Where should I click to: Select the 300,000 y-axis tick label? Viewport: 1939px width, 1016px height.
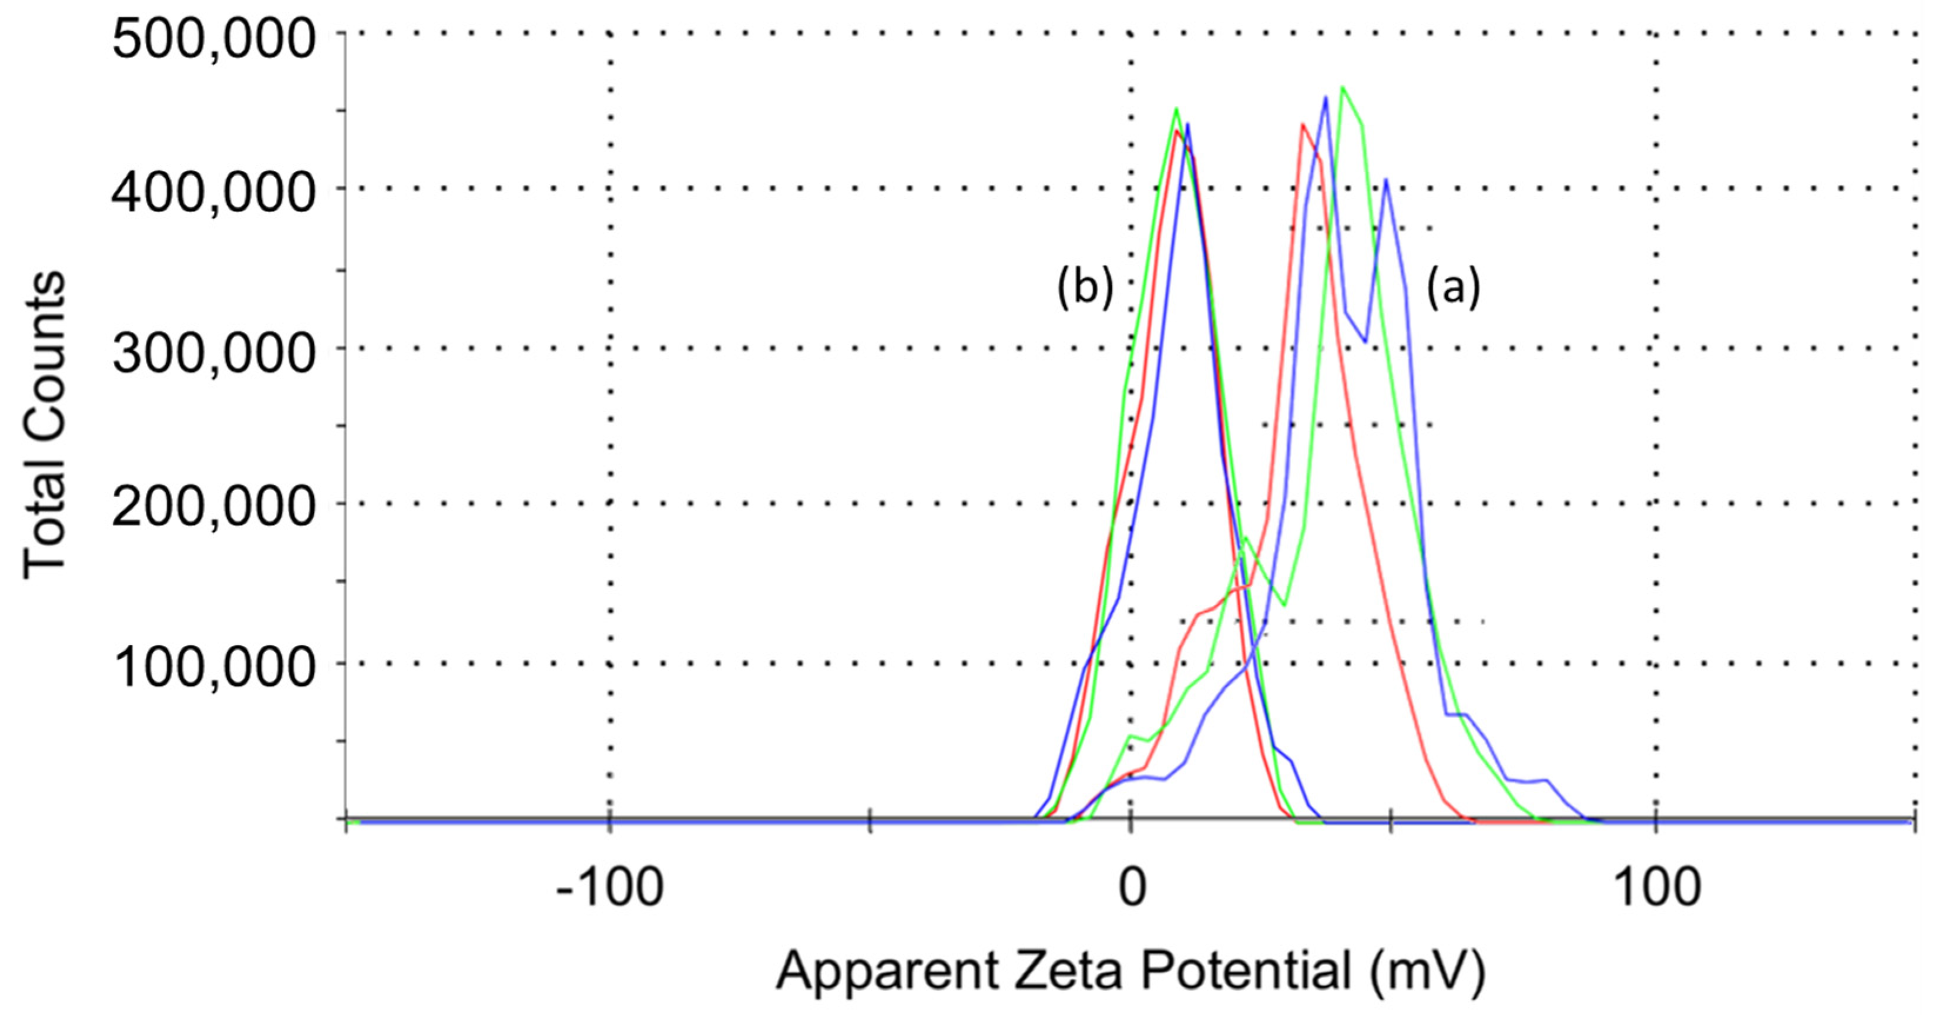(x=213, y=354)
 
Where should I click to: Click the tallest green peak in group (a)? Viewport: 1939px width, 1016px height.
(x=1343, y=88)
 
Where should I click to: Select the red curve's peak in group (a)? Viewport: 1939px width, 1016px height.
(x=1301, y=125)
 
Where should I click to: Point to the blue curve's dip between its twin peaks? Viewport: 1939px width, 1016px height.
(x=1365, y=341)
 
